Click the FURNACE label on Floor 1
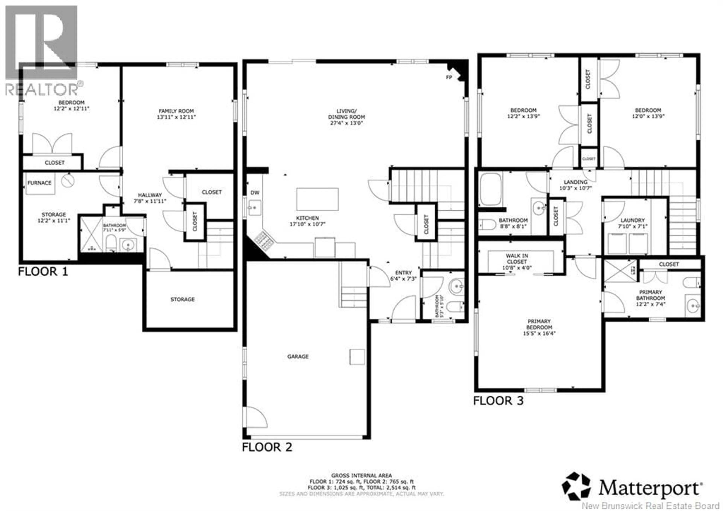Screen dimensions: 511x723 (x=39, y=183)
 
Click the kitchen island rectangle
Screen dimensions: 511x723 (x=317, y=199)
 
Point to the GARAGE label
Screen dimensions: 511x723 (x=297, y=357)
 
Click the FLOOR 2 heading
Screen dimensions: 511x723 (x=267, y=447)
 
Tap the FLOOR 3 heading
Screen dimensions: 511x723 (x=499, y=401)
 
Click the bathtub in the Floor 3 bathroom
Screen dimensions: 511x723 (x=491, y=189)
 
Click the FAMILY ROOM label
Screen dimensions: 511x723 (x=176, y=111)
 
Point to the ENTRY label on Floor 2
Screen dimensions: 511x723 (x=403, y=273)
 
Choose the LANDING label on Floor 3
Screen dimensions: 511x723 (x=576, y=182)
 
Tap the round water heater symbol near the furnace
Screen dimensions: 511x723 (x=68, y=180)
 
